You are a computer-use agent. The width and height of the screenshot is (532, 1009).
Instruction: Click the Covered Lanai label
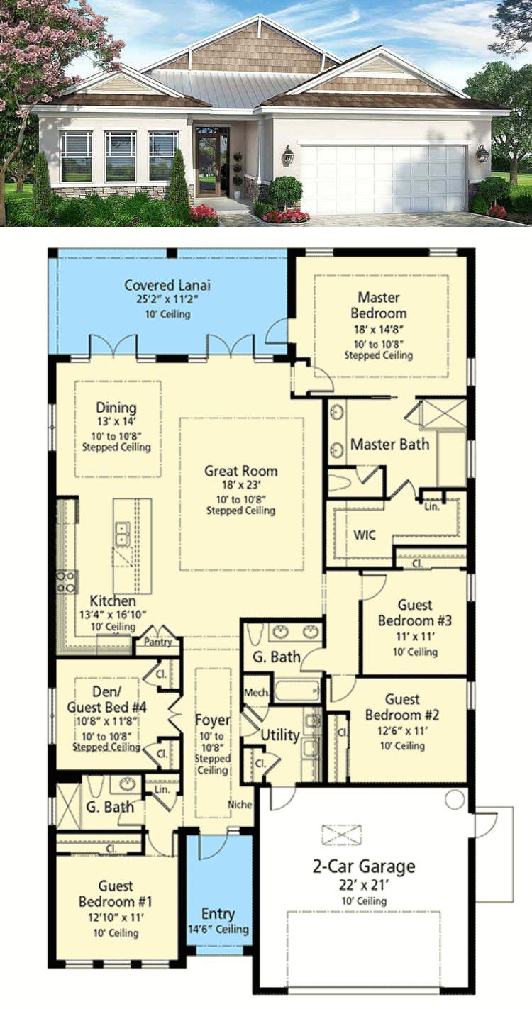point(167,285)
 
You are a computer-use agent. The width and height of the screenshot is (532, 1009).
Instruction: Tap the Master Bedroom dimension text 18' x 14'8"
point(378,329)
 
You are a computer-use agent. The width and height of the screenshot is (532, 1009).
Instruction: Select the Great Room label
point(240,471)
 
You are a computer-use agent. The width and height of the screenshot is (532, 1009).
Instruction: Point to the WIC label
point(365,535)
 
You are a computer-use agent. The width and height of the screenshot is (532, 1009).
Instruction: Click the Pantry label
point(158,642)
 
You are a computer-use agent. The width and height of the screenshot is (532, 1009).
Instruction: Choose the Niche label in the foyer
point(240,805)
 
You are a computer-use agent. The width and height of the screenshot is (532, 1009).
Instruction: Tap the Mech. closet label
point(257,692)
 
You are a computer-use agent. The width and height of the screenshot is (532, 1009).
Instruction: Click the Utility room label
point(280,735)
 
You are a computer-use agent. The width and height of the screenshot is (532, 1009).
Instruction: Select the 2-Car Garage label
point(364,866)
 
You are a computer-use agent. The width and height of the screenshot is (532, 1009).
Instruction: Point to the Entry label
point(218,914)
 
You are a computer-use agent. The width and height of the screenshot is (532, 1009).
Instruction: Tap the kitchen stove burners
point(67,581)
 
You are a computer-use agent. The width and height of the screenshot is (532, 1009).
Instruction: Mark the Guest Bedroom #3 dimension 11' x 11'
point(415,637)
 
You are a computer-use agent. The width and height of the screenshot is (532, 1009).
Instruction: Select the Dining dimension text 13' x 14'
point(116,422)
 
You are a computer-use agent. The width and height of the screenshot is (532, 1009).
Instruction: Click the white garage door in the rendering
point(382,179)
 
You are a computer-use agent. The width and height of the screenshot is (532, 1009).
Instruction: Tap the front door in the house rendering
point(208,165)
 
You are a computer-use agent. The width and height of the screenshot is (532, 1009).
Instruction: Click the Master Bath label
point(389,445)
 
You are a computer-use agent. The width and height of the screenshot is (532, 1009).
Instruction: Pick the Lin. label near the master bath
point(431,507)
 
